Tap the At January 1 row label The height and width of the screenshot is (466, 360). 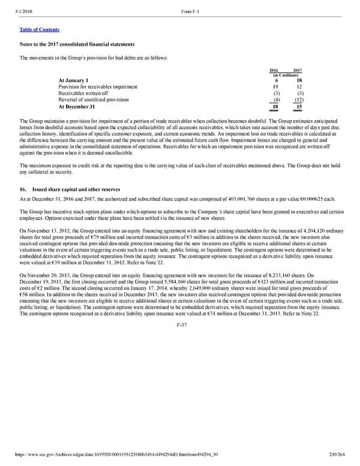[x=74, y=80]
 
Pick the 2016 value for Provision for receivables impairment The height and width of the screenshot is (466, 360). [x=275, y=87]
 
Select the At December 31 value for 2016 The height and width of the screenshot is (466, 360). [x=275, y=107]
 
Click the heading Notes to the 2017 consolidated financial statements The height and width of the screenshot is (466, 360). [x=76, y=46]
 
